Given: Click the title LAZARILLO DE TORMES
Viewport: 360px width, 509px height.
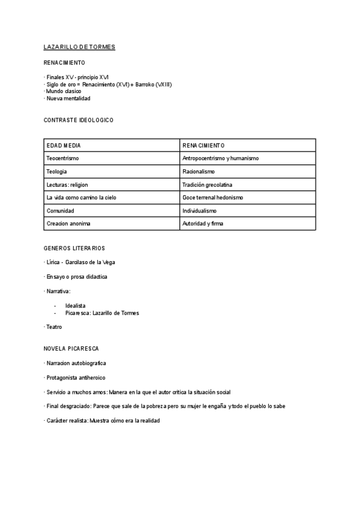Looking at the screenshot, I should [80, 47].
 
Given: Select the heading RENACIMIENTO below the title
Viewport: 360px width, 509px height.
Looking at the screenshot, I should [64, 62].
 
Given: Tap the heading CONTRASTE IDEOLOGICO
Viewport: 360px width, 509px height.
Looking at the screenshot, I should [79, 120].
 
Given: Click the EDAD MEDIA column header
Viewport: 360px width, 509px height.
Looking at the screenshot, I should [64, 145].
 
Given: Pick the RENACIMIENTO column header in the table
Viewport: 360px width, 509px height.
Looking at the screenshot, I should [203, 145].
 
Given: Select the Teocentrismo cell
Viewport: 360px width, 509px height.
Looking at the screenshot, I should [62, 158].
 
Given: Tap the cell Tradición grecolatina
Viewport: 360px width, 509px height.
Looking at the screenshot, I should [207, 184].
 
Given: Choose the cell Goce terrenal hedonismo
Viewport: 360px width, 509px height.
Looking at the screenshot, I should [212, 197].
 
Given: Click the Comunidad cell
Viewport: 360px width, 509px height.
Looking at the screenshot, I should [60, 211].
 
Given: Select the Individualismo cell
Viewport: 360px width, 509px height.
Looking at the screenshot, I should [199, 211].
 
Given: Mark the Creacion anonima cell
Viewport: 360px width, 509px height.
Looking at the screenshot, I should [68, 224].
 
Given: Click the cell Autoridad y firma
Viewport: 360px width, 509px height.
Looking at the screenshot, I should [203, 224].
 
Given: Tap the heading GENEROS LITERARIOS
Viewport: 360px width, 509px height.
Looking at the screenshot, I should [74, 248].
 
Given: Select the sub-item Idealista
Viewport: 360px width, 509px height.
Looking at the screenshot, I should [76, 306].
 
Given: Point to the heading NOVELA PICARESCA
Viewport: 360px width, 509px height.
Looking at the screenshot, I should [71, 348].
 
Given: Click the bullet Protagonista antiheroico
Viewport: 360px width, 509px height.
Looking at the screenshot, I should [76, 378].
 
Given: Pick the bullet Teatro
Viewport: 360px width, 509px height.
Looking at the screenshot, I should [54, 327].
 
